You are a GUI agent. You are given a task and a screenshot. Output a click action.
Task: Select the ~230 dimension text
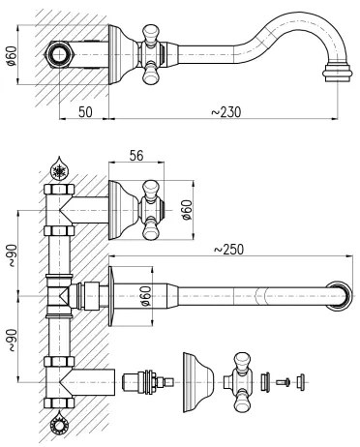pos(225,111)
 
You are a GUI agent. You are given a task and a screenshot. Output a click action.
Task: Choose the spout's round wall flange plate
pos(116,292)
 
